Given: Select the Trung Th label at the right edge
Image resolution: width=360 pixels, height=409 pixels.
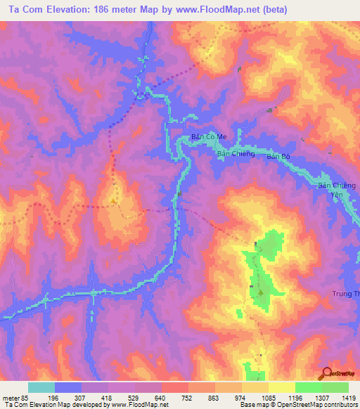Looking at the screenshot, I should pyautogui.click(x=345, y=294).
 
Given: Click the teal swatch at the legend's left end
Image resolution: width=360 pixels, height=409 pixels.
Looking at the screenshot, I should pyautogui.click(x=41, y=387).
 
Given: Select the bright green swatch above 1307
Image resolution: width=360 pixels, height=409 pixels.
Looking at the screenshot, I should pyautogui.click(x=308, y=387).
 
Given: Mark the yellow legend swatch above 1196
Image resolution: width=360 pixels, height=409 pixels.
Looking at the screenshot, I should pyautogui.click(x=281, y=387).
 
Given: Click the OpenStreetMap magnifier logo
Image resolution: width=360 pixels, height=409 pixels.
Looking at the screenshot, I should pyautogui.click(x=328, y=373).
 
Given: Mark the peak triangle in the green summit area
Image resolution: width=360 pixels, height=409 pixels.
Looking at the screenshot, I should pyautogui.click(x=261, y=292).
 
